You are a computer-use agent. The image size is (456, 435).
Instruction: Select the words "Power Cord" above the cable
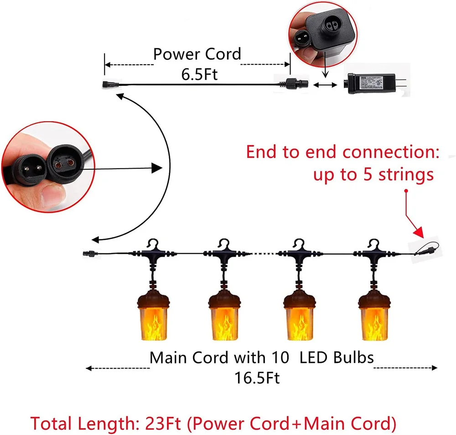tap(197, 54)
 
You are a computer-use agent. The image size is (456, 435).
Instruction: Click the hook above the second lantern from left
tap(223, 243)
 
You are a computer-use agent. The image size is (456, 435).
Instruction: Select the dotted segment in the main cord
tap(259, 253)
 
